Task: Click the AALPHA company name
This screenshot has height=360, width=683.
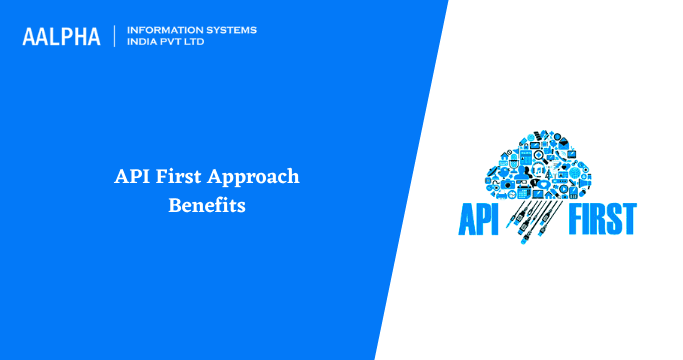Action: (61, 37)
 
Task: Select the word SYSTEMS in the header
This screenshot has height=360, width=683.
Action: (228, 30)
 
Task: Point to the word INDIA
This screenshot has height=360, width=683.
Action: (144, 43)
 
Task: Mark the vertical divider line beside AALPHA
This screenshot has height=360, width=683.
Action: (115, 37)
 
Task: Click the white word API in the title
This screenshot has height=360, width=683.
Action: (131, 177)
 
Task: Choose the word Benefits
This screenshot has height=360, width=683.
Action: (206, 206)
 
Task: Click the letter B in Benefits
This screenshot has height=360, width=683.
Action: (173, 206)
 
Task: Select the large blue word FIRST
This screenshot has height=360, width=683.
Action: (602, 218)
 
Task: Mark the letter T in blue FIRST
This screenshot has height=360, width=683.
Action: (627, 218)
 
